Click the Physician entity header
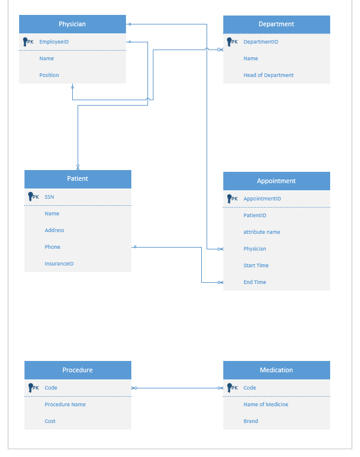coord(72,24)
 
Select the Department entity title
coord(276,24)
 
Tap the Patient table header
coord(78,179)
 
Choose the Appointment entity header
coord(276,181)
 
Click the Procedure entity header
coord(78,370)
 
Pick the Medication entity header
coord(276,370)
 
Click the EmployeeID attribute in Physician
coord(54,42)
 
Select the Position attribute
coord(49,75)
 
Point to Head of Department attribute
coord(268,75)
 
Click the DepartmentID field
coord(260,42)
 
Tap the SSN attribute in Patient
coord(50,197)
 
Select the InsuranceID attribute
coord(59,264)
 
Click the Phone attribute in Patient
coord(52,247)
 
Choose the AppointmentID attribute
coord(262,199)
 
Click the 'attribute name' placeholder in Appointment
coord(261,232)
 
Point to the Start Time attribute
coord(256,265)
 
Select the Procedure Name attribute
coord(65,404)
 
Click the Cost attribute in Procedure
coord(50,421)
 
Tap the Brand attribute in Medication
coord(251,421)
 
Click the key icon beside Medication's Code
coord(229,388)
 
